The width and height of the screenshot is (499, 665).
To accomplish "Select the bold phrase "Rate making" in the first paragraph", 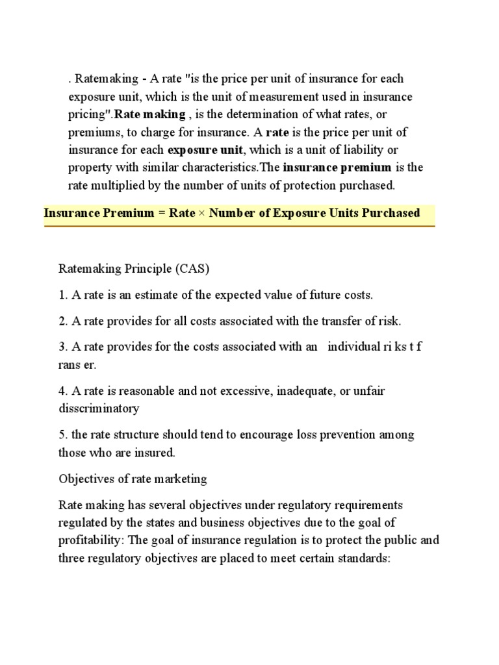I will click(149, 114).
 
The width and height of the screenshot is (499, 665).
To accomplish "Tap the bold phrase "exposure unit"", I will click(201, 149).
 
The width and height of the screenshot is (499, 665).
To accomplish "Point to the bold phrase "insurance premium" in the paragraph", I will click(337, 167).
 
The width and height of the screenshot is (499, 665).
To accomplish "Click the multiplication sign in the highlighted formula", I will click(201, 213).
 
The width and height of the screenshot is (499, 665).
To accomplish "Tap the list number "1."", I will click(63, 295).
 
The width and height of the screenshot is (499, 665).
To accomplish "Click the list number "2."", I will click(63, 321).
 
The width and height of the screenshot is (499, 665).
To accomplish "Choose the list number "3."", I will click(63, 347).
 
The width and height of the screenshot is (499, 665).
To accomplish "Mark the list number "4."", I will click(63, 391).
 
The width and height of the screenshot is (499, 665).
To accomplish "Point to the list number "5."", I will click(63, 434).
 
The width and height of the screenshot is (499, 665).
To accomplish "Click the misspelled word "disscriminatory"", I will click(99, 408).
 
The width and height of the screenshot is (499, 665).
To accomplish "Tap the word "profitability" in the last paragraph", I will click(89, 540).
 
